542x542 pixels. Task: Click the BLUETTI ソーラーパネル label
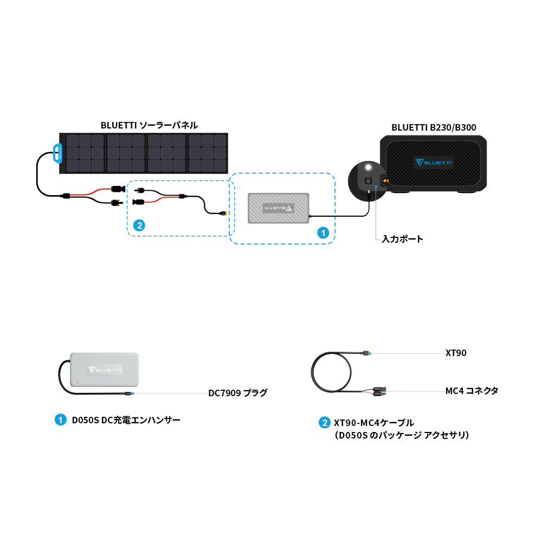[x=149, y=125]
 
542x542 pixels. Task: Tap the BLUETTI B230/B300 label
[x=434, y=128]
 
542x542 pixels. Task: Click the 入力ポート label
[x=402, y=238]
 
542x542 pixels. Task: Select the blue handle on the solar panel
[x=57, y=153]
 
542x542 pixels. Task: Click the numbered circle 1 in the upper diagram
[x=322, y=233]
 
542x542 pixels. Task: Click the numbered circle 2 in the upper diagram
[x=139, y=225]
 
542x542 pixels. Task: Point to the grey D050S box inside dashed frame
[x=278, y=208]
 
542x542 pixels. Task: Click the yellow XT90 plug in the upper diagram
[x=223, y=214]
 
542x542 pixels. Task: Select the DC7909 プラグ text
[x=238, y=393]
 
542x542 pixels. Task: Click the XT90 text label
[x=456, y=353]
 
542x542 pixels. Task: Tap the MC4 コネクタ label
[x=472, y=390]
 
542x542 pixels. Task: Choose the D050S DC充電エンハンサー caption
[x=126, y=420]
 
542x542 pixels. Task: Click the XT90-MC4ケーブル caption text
[x=374, y=423]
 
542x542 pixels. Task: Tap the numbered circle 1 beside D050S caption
[x=60, y=420]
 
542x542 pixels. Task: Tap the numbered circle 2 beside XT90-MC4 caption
[x=324, y=423]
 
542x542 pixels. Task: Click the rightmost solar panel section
[x=208, y=153]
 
